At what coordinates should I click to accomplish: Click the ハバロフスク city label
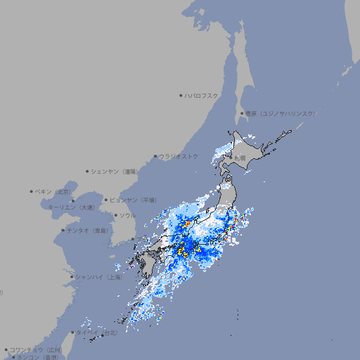[x=201, y=95]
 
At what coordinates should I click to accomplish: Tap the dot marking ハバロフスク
[x=181, y=95]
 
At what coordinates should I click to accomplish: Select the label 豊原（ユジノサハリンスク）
[x=281, y=113]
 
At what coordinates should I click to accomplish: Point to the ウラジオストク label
[x=179, y=156]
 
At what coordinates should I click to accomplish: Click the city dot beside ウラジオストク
[x=155, y=156]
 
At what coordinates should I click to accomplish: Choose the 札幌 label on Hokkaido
[x=240, y=157]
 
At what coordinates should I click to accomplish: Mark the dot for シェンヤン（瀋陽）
[x=87, y=171]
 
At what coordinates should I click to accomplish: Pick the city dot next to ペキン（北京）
[x=32, y=191]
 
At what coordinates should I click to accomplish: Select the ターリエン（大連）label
[x=71, y=207]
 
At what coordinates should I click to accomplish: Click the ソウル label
[x=127, y=215]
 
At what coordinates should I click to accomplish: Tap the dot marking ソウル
[x=115, y=215]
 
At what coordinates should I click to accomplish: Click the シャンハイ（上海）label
[x=98, y=277]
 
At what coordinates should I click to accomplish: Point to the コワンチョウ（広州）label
[x=36, y=349]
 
